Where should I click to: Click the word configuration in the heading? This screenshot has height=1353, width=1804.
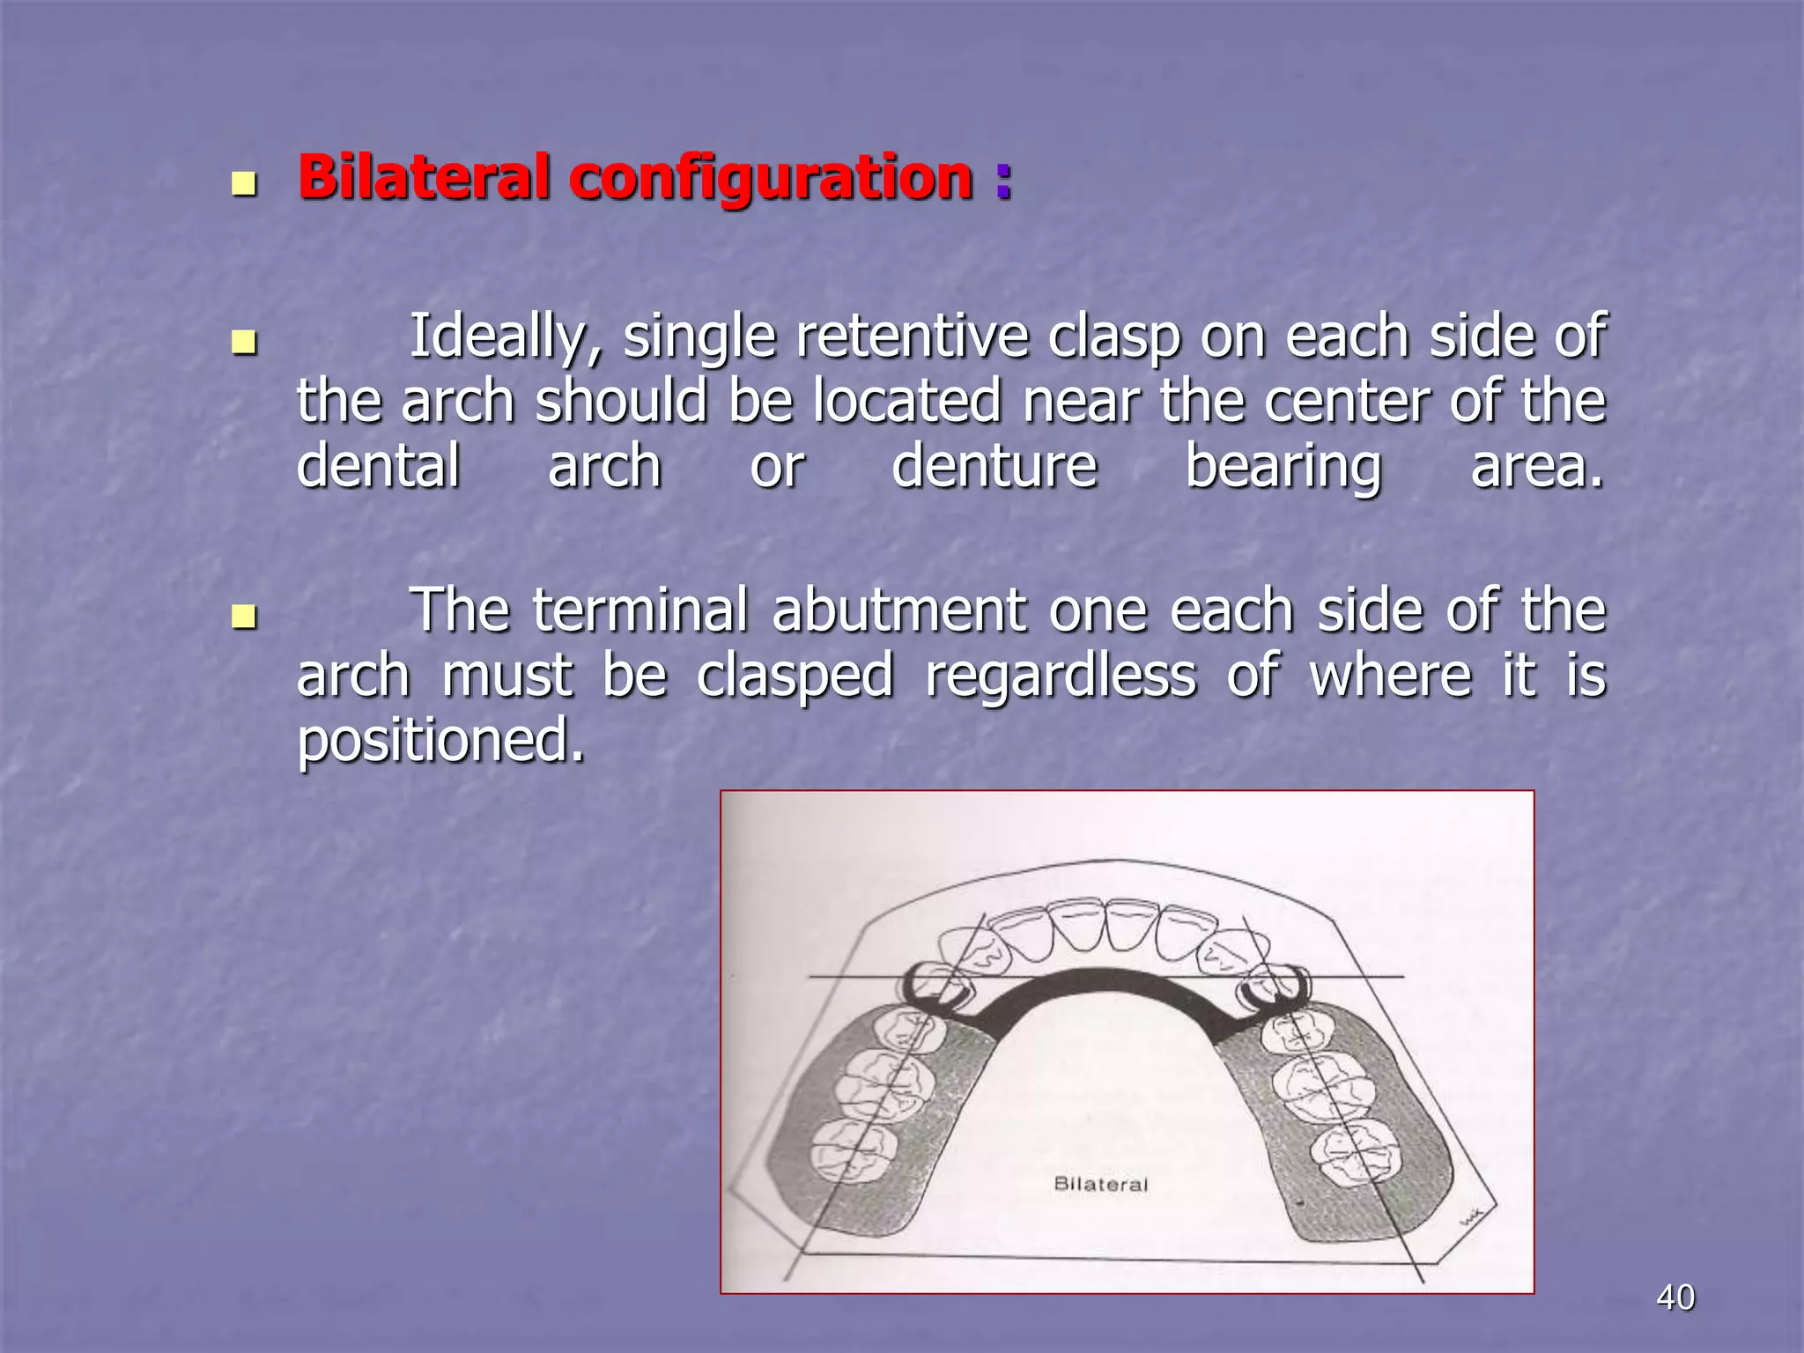tap(771, 178)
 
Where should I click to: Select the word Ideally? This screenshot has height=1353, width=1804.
tap(506, 336)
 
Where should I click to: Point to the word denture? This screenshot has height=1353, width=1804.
tap(994, 466)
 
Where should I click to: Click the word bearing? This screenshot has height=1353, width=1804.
tap(1283, 466)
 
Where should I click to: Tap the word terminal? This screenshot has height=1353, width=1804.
tap(640, 610)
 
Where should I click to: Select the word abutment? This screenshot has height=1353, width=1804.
tap(898, 610)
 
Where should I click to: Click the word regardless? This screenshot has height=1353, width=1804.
tap(1061, 676)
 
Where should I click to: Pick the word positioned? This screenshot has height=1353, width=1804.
tap(440, 740)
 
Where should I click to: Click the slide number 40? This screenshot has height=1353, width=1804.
tap(1675, 1298)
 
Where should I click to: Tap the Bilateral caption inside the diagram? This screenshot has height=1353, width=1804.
tap(1100, 1184)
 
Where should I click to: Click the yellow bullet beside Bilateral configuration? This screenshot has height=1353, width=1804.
tap(243, 183)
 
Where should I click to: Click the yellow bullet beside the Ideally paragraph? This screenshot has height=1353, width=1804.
tap(243, 342)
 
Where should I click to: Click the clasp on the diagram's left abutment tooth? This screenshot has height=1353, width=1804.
tap(934, 987)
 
